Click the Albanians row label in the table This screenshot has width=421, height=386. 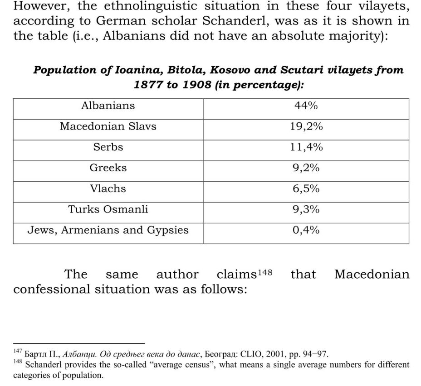pyautogui.click(x=108, y=106)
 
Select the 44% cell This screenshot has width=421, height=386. pyautogui.click(x=306, y=106)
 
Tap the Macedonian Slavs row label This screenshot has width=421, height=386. pyautogui.click(x=108, y=127)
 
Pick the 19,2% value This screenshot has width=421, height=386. pyautogui.click(x=306, y=127)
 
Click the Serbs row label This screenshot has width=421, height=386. pyautogui.click(x=108, y=147)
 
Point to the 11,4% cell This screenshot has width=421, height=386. pyautogui.click(x=306, y=147)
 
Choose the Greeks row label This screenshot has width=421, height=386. pyautogui.click(x=108, y=168)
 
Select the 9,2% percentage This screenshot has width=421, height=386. pyautogui.click(x=306, y=168)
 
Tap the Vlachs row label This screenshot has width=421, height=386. pyautogui.click(x=108, y=189)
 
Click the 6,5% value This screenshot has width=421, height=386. pyautogui.click(x=306, y=189)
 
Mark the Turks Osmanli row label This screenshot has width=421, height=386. pyautogui.click(x=108, y=210)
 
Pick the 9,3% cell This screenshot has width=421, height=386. pyautogui.click(x=306, y=210)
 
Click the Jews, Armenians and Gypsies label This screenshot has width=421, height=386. pyautogui.click(x=108, y=231)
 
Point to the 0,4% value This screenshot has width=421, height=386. pyautogui.click(x=306, y=231)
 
